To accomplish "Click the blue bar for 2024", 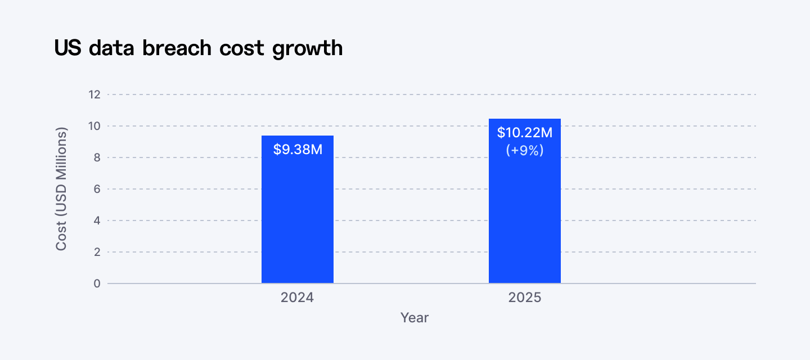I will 298,219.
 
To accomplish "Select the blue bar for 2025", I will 524,219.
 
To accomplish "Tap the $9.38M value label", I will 298,150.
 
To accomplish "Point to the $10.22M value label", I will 524,133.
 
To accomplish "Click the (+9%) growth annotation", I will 524,150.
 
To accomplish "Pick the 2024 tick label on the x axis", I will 298,297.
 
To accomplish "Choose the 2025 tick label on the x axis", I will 524,297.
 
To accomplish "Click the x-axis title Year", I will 415,318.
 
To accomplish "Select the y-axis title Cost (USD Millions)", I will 61,189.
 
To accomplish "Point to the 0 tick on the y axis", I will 97,283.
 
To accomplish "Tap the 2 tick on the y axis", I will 97,252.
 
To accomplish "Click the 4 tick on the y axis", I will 97,220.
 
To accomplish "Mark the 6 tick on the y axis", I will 97,189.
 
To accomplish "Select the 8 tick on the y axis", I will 97,157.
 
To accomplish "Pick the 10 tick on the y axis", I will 94,126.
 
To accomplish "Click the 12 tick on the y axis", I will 94,94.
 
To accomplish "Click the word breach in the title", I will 177,48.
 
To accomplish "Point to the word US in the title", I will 68,48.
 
